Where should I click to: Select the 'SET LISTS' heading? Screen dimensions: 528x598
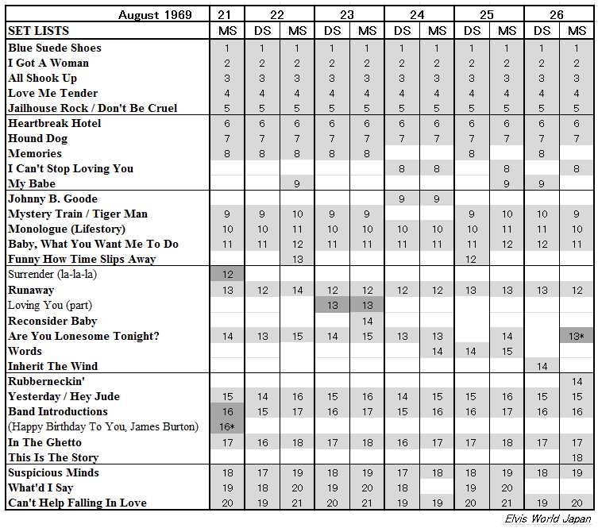click(x=38, y=31)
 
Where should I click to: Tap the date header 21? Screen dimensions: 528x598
click(x=227, y=15)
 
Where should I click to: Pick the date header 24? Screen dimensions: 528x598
click(x=419, y=15)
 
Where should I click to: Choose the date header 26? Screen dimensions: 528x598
click(x=559, y=15)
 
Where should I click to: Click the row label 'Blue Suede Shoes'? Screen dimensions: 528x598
click(x=55, y=48)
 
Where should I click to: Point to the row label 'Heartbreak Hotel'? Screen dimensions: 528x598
click(x=55, y=123)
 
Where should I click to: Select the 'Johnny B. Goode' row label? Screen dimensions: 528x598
click(x=52, y=198)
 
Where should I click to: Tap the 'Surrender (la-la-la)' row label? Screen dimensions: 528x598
click(x=52, y=274)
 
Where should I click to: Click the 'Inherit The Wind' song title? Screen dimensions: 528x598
click(x=52, y=366)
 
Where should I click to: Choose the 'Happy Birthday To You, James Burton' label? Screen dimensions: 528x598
click(x=103, y=426)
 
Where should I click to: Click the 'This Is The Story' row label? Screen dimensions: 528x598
click(x=53, y=457)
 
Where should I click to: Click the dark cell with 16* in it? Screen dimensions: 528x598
click(x=227, y=426)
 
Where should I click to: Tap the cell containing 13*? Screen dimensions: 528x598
click(x=577, y=336)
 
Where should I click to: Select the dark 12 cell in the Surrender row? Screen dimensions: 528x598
click(x=227, y=274)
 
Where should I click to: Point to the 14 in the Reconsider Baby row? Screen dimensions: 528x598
click(x=367, y=321)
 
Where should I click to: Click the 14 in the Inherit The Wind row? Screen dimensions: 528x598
click(x=542, y=366)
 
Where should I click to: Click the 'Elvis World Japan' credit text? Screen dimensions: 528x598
click(x=548, y=518)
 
